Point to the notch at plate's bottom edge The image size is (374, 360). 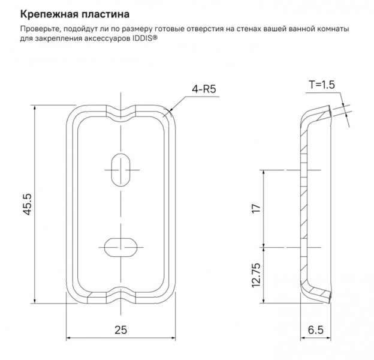point(122,297)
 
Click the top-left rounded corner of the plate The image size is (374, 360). point(70,114)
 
